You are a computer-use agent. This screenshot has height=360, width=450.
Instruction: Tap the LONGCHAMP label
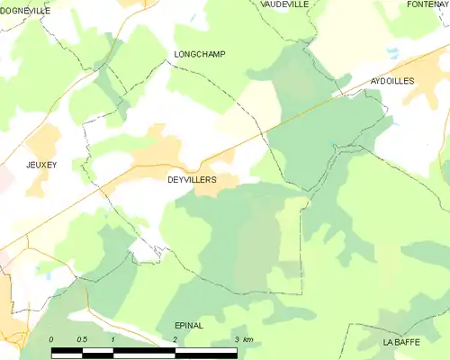coord(198,55)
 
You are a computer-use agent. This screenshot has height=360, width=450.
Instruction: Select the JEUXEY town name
coord(41,166)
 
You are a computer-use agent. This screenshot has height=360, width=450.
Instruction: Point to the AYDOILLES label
coord(392,81)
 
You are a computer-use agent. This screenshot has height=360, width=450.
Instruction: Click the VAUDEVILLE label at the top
coord(283,4)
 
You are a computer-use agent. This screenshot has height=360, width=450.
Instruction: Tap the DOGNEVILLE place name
coord(25,10)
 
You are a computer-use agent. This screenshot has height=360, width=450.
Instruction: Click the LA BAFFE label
coord(400,343)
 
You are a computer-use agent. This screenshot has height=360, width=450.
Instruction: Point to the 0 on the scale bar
coord(51,339)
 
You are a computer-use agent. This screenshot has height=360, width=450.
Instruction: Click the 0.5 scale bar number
coord(81,339)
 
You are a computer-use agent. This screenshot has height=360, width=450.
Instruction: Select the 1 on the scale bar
coord(113,339)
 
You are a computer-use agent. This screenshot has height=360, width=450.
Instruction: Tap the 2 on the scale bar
coord(175,339)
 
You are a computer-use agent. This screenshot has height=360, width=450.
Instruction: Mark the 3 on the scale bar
coord(236,339)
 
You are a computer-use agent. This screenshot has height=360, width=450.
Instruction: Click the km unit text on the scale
coord(248,339)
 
